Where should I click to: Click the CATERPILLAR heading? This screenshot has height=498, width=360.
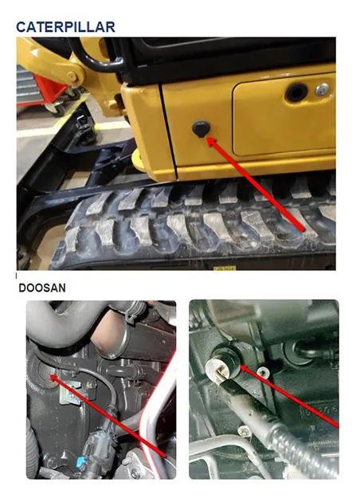65,27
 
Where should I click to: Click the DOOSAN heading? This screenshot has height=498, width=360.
41,288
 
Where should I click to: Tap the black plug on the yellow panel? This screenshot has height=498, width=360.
201,128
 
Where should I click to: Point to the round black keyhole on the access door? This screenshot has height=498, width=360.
296,93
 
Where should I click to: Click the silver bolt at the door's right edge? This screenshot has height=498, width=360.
322,89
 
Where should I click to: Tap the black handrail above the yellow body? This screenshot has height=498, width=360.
100,60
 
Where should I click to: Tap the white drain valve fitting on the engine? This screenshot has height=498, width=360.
215,368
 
